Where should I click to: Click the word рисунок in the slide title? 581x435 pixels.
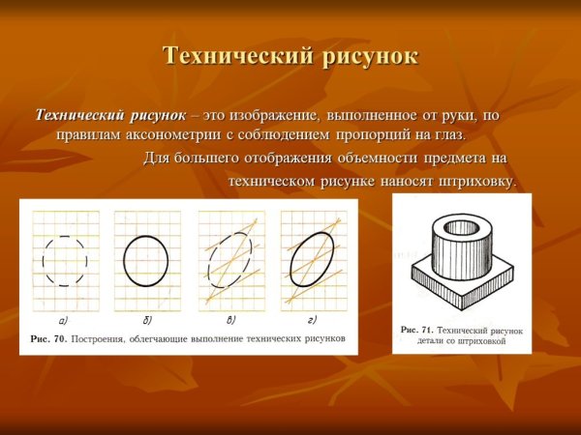(364, 56)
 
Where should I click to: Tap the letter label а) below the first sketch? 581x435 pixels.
(63, 319)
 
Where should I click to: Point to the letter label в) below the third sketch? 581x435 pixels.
(230, 319)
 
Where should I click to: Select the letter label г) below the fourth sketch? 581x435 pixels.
(312, 319)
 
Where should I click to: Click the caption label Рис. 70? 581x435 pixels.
(47, 339)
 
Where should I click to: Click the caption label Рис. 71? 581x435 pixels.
(417, 331)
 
